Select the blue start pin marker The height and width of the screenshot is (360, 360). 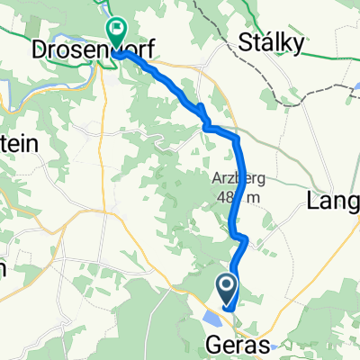(226, 289)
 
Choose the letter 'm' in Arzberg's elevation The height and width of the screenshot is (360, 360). (258, 198)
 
